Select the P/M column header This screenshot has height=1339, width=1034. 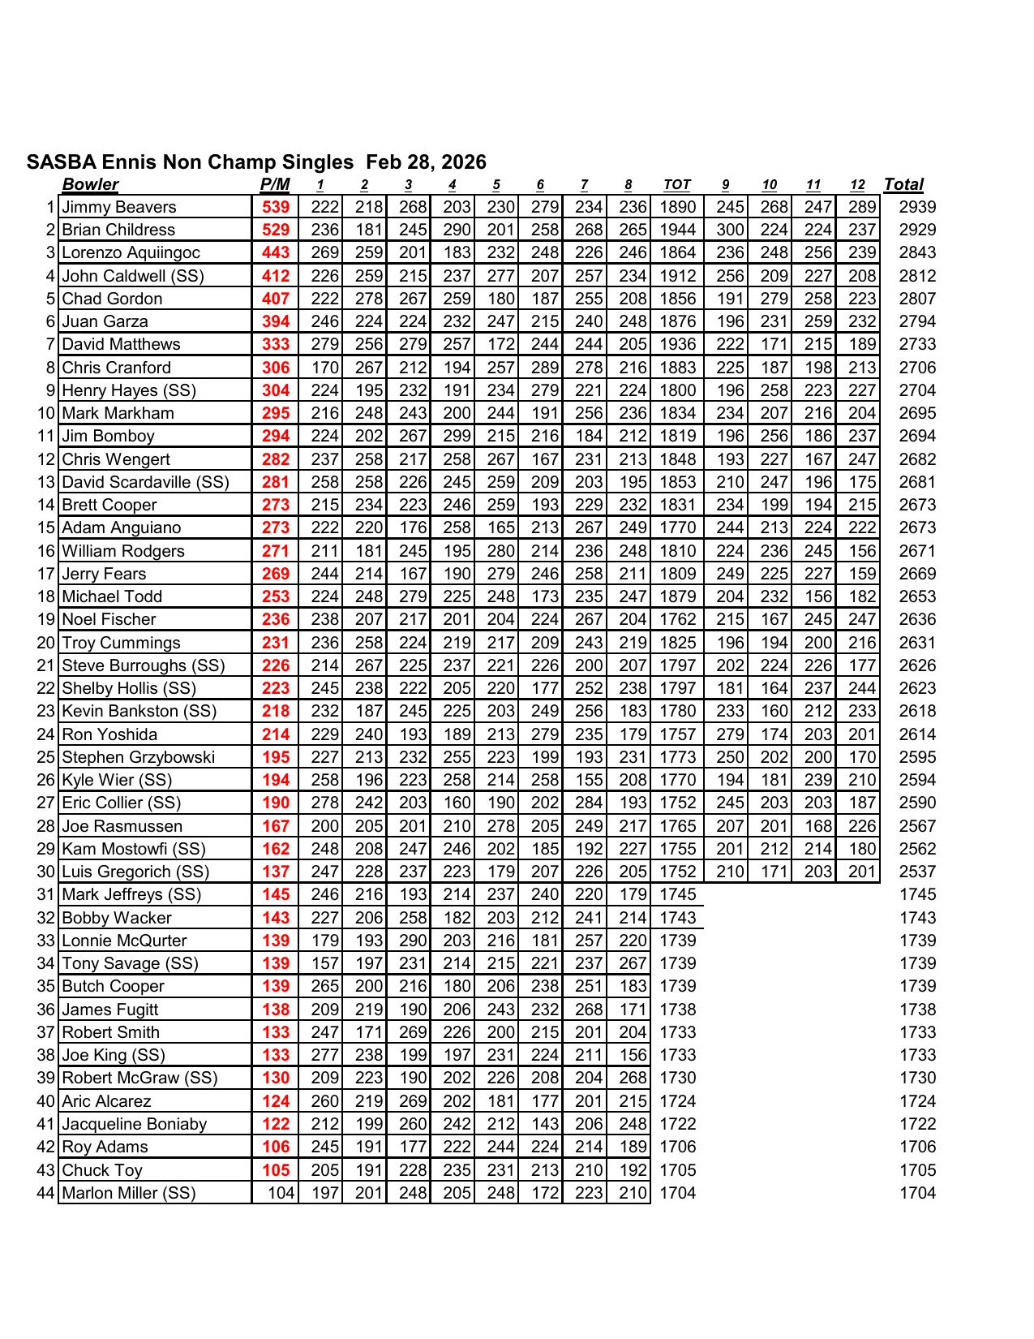point(275,184)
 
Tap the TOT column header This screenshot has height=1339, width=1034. point(676,184)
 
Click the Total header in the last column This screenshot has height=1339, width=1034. point(903,184)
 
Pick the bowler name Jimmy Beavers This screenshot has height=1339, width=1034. point(119,207)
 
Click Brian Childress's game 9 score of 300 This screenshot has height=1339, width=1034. point(730,230)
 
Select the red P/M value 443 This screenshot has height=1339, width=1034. point(276,252)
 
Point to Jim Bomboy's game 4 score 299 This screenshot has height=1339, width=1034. point(457,436)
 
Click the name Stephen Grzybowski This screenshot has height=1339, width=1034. point(139,757)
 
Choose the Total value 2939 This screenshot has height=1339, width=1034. point(917,207)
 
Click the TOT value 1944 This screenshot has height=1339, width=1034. point(677,230)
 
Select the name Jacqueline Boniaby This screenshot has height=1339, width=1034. point(135,1124)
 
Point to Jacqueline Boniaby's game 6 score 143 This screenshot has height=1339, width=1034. point(544,1124)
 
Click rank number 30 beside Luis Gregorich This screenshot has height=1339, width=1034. point(45,872)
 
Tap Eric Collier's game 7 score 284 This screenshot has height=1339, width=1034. point(589,803)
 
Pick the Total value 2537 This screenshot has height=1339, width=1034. point(917,872)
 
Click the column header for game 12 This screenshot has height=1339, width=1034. point(858,185)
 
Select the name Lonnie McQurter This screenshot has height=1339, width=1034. point(124,941)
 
